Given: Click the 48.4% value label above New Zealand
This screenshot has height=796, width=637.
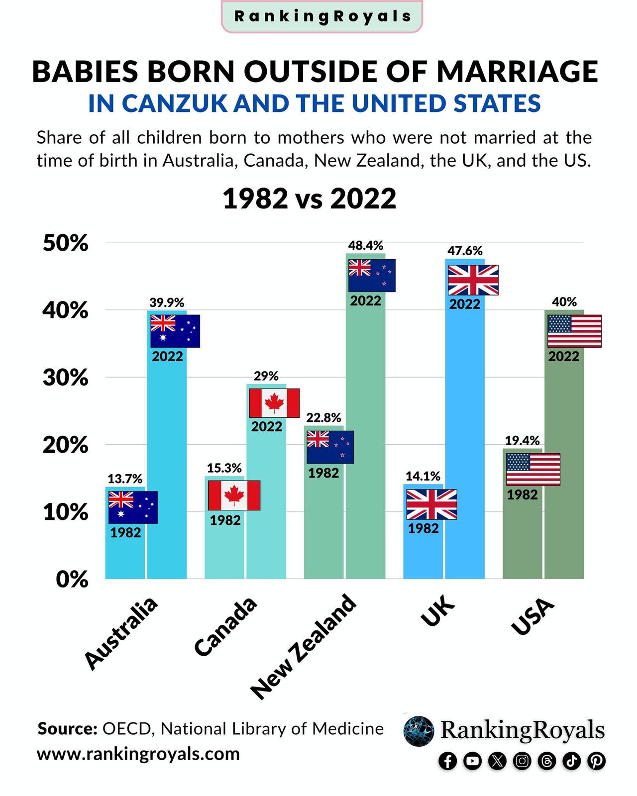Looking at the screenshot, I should pos(365,245).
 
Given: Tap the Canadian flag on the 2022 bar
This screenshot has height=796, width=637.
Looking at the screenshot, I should pos(274,403).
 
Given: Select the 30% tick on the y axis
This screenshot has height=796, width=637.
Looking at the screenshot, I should pos(65,378).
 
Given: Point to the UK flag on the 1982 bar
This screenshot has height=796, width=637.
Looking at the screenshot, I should pos(431,504).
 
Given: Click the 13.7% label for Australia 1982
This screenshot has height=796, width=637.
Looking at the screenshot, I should pos(125,479).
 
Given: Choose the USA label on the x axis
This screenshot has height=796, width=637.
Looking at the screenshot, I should pos(532,617).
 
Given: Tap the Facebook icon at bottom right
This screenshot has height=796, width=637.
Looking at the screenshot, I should pos(447,761).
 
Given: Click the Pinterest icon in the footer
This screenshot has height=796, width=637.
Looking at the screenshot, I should pos(596,761).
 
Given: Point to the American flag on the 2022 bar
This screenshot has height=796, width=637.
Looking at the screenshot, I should pos(574,331).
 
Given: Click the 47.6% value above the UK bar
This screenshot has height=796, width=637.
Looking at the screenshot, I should pos(465,251).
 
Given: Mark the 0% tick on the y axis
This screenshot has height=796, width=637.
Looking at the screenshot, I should pos(72,580).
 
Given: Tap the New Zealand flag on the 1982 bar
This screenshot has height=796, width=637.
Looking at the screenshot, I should pos(330,447).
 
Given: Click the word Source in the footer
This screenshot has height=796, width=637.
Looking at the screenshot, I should pos(67,729).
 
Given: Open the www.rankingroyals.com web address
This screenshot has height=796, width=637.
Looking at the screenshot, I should pos(138,754).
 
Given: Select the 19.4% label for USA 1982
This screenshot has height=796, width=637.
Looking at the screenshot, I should pos(522,440).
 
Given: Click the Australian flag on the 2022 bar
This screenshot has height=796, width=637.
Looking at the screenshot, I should pos(175,331).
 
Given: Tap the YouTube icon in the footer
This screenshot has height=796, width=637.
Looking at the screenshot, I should pos(472,761).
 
